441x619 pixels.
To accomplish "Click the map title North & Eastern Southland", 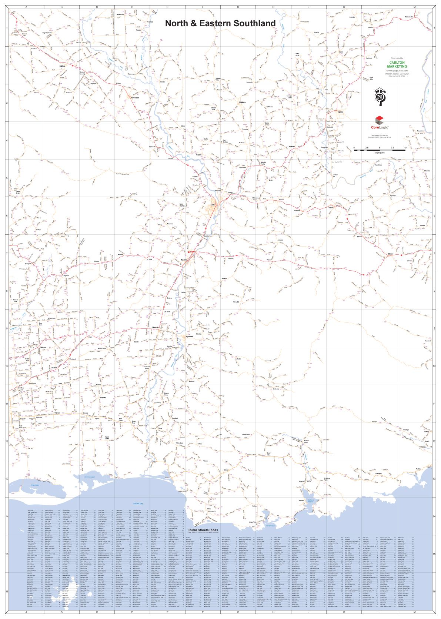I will click(x=220, y=23).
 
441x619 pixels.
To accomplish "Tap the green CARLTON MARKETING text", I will click(x=397, y=64).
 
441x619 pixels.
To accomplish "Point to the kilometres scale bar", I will click(x=380, y=150).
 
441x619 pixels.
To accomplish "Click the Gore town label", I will click(x=213, y=205).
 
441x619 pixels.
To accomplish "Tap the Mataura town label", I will click(x=184, y=260).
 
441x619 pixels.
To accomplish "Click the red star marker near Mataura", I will click(x=188, y=252).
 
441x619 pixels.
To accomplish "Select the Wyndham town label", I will click(x=190, y=337).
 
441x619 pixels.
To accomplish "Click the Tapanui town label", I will click(x=340, y=111).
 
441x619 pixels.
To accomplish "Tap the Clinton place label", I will click(x=391, y=254).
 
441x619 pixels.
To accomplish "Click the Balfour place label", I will click(x=62, y=66).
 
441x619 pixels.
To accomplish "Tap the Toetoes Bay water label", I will click(x=138, y=503).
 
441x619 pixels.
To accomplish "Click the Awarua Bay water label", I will click(x=35, y=485).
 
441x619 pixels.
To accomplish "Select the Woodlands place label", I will click(x=73, y=359).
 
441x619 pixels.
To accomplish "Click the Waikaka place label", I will click(x=243, y=102).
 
